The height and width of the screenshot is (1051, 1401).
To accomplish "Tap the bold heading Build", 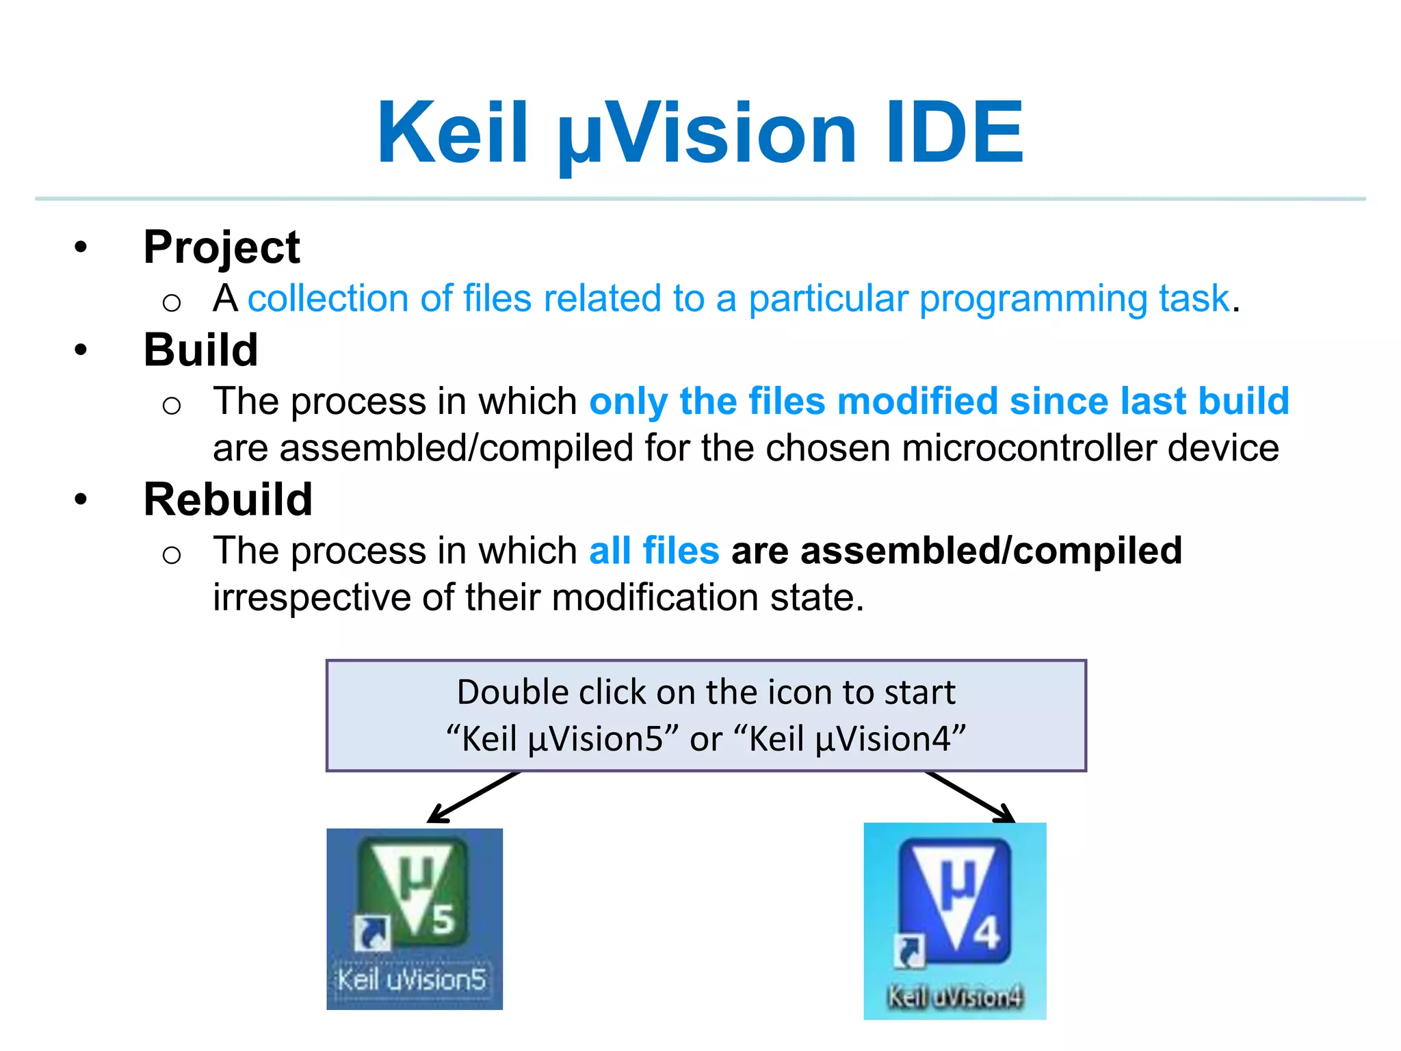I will click(x=200, y=350).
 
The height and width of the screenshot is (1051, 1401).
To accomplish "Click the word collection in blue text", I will click(x=330, y=298).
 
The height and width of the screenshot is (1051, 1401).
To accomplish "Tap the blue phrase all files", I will click(x=654, y=551).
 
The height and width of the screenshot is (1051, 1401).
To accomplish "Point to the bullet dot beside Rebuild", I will click(x=81, y=499).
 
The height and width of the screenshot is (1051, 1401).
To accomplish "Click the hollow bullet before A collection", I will click(x=172, y=302).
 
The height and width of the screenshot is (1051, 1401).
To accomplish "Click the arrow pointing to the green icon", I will click(x=472, y=798).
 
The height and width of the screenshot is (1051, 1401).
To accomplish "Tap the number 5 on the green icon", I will click(x=443, y=919).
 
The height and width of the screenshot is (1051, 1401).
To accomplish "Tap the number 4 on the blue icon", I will click(x=986, y=933).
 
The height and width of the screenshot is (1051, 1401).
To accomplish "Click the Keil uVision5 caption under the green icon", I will click(x=412, y=980).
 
